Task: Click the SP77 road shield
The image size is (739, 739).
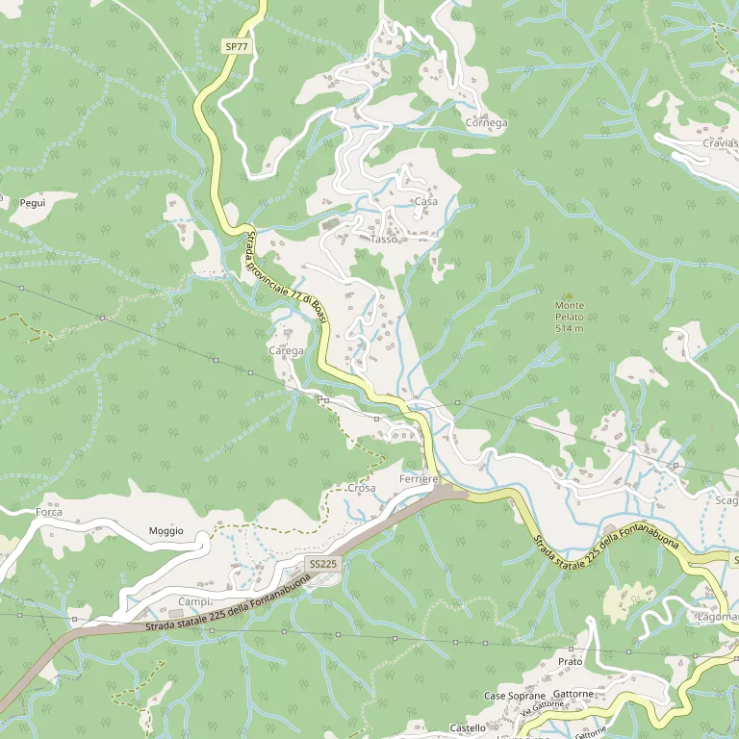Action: coord(236,46)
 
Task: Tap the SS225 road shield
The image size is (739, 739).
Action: coord(322,563)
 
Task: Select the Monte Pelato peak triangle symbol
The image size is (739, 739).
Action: coord(569,295)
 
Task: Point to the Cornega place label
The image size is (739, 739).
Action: coord(486,123)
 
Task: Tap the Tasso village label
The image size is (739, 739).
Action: coord(383,239)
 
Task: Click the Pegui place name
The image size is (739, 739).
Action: coord(33,203)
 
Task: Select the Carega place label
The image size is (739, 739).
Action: coord(286,351)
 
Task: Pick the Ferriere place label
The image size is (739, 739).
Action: coord(419,478)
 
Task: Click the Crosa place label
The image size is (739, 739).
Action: coord(361,488)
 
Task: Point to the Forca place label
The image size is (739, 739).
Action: coord(49,512)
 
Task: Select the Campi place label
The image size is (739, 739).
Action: coord(192,601)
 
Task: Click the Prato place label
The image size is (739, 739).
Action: coord(570,662)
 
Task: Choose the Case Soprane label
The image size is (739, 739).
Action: coord(514,696)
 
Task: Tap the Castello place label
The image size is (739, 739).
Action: coord(468,728)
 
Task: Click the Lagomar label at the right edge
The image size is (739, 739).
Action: coord(717,616)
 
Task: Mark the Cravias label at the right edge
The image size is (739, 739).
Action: coord(720,143)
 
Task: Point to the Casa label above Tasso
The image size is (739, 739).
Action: coord(424,201)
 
